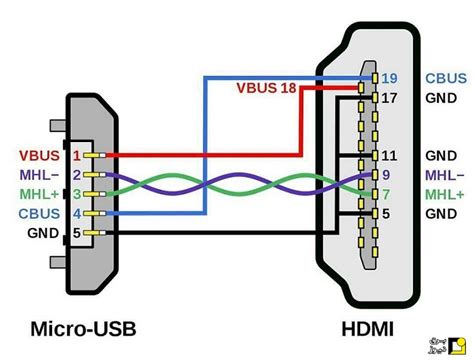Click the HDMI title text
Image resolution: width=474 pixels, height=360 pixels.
369,328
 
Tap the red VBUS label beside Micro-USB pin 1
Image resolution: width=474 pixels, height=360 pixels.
37,156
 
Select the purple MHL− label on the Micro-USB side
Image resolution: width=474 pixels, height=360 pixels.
37,175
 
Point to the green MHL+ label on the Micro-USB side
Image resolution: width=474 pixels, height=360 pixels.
37,194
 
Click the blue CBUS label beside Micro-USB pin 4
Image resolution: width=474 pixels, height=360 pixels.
37,213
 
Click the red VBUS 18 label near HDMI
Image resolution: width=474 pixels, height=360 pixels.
265,88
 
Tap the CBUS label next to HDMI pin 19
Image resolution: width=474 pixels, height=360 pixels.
444,77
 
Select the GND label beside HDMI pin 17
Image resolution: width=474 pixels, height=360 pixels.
441,98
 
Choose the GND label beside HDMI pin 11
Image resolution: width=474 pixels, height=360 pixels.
441,156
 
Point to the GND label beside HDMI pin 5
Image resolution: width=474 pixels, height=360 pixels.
441,213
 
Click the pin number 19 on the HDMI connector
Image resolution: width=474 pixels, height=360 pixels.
390,77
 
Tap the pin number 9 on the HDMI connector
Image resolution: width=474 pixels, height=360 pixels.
387,175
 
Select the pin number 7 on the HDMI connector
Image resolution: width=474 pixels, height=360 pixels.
387,194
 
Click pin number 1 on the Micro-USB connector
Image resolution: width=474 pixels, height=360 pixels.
76,156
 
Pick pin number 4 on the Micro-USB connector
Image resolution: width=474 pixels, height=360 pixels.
76,213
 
